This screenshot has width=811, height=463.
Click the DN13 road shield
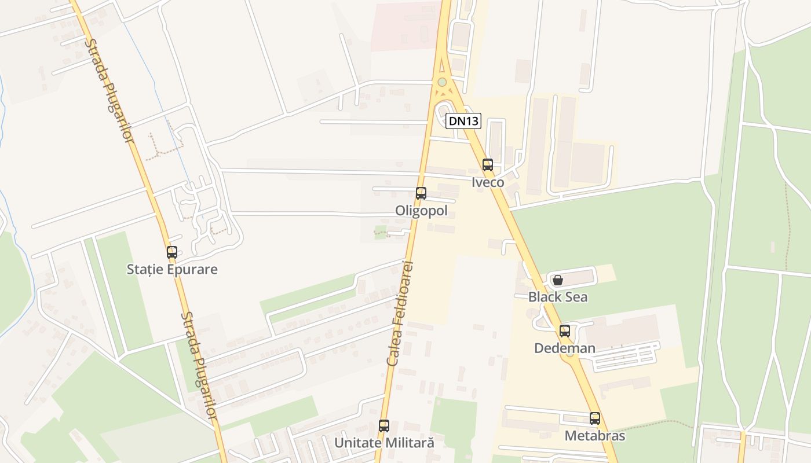[x=463, y=121]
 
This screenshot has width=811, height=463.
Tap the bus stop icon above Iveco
[x=488, y=165]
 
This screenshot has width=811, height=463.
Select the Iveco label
[x=488, y=182]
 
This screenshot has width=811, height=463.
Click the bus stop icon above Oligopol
[x=421, y=193]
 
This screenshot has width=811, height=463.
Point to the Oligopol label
[x=421, y=211]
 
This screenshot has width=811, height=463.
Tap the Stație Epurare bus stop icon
[x=172, y=252]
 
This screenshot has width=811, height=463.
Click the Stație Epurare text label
[x=172, y=270]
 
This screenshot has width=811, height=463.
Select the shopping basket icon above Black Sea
[x=558, y=281]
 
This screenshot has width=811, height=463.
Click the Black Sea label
[x=558, y=297]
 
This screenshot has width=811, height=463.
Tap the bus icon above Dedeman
[x=565, y=331]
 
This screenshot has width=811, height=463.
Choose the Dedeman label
[x=565, y=348]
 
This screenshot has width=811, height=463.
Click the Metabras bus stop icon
[x=595, y=418]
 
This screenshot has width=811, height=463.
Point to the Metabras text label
[x=595, y=436]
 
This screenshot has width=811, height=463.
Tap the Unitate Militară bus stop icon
[x=384, y=426]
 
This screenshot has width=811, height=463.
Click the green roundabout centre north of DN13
[x=443, y=82]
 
